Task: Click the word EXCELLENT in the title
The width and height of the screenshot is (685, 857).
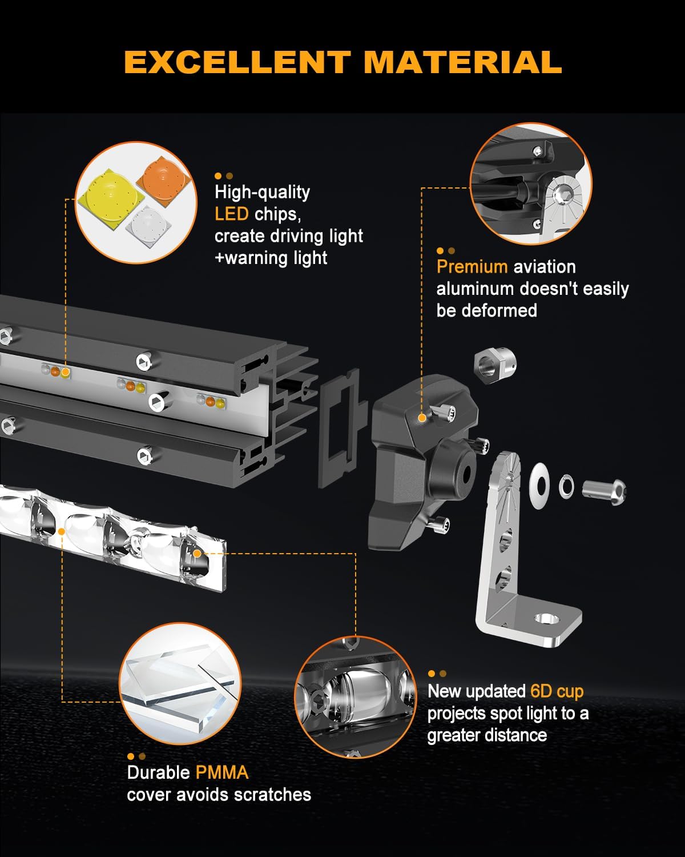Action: point(237,62)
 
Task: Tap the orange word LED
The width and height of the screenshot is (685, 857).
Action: point(231,214)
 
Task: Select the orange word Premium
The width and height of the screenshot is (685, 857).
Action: point(472,267)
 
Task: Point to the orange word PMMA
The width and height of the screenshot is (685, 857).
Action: point(221,772)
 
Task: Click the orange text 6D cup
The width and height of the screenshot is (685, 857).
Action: point(557,691)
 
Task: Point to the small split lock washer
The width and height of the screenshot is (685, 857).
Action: point(566,486)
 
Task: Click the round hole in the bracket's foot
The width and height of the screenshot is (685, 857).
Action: point(545,619)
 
